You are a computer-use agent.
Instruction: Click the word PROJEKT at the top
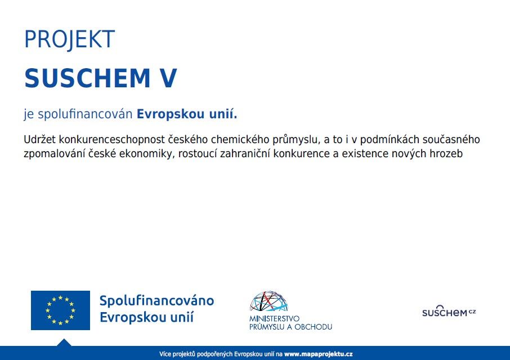(69, 39)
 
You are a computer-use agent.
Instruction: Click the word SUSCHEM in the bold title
(87, 78)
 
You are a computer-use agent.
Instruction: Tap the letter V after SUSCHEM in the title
(168, 78)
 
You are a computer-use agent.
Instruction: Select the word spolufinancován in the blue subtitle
(85, 114)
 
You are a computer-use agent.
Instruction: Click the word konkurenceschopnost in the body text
(112, 140)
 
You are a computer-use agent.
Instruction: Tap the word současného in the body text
(451, 140)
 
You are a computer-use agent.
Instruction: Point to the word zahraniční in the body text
(245, 154)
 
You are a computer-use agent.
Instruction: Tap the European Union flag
(60, 310)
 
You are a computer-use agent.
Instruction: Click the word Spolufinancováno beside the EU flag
(157, 301)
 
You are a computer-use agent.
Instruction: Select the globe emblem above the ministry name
(269, 301)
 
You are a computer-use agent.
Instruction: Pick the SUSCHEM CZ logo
(449, 311)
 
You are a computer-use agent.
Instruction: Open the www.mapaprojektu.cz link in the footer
(319, 354)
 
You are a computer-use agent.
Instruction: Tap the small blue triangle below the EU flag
(64, 343)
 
